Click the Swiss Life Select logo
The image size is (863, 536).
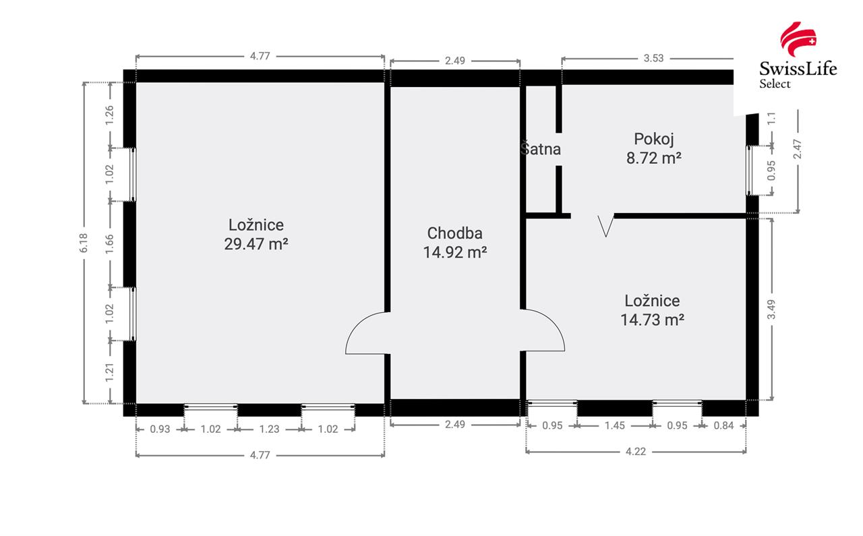tap(798, 55)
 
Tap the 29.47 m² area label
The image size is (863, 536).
tap(256, 244)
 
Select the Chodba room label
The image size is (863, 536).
tap(454, 233)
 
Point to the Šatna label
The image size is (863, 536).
tap(541, 149)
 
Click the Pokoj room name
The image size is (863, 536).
tap(654, 140)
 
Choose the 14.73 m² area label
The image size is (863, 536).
tap(652, 320)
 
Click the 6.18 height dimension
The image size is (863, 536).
tap(84, 243)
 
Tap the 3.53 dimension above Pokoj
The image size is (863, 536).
tap(653, 58)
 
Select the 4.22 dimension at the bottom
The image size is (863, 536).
tap(635, 451)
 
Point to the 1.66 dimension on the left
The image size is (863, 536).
tap(110, 244)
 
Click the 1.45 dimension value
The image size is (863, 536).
tap(614, 425)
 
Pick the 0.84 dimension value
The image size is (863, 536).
tap(723, 425)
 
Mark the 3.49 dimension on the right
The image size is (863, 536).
tap(771, 309)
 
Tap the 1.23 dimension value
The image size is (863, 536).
tap(269, 429)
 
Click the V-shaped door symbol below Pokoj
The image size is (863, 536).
tap(605, 226)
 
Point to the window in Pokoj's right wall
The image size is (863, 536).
tap(749, 171)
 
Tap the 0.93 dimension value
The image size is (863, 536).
tap(160, 429)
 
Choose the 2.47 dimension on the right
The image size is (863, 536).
tap(798, 149)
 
